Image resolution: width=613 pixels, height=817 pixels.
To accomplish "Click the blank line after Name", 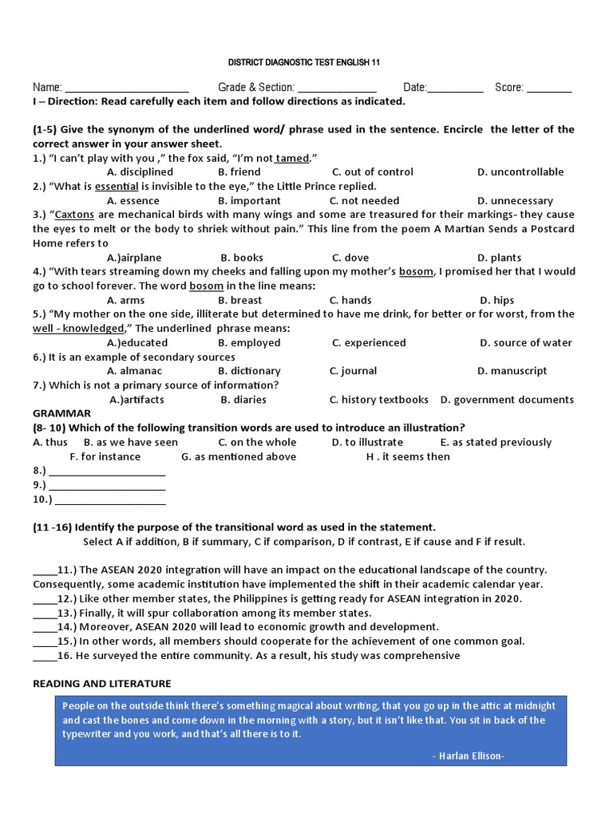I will [x=126, y=89].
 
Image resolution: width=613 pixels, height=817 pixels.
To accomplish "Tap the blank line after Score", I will [x=549, y=89].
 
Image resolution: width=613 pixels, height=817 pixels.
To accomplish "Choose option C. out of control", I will [x=372, y=172].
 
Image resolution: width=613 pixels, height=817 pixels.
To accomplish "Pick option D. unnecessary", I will [x=515, y=200].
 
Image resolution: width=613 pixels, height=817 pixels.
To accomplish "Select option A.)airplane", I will [x=134, y=258].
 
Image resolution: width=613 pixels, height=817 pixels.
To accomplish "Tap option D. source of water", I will [x=525, y=342].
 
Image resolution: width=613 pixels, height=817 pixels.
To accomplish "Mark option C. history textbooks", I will [x=378, y=399].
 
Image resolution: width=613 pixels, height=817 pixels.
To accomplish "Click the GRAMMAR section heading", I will [x=61, y=413].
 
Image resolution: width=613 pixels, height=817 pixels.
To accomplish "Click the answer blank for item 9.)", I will [x=107, y=485].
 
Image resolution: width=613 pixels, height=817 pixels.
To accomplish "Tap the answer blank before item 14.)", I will [x=44, y=627].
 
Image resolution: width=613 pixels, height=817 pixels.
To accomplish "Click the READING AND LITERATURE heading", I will [x=101, y=684].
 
